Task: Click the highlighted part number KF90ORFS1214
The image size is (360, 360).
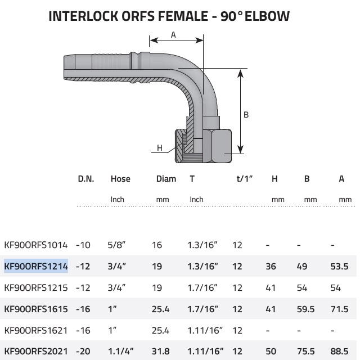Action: pyautogui.click(x=36, y=266)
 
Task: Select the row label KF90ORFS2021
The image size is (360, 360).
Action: pyautogui.click(x=36, y=352)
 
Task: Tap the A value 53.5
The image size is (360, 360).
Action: pyautogui.click(x=339, y=266)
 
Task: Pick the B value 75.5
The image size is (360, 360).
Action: pyautogui.click(x=306, y=352)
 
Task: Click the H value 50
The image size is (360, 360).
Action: pyautogui.click(x=271, y=352)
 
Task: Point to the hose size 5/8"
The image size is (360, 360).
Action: pyautogui.click(x=116, y=245)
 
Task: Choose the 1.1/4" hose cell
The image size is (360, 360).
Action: pyautogui.click(x=121, y=352)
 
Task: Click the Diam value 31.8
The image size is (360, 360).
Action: pyautogui.click(x=160, y=352)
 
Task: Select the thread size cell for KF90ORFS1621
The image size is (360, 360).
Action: pyautogui.click(x=205, y=330)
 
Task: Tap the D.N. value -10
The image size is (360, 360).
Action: pyautogui.click(x=83, y=245)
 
